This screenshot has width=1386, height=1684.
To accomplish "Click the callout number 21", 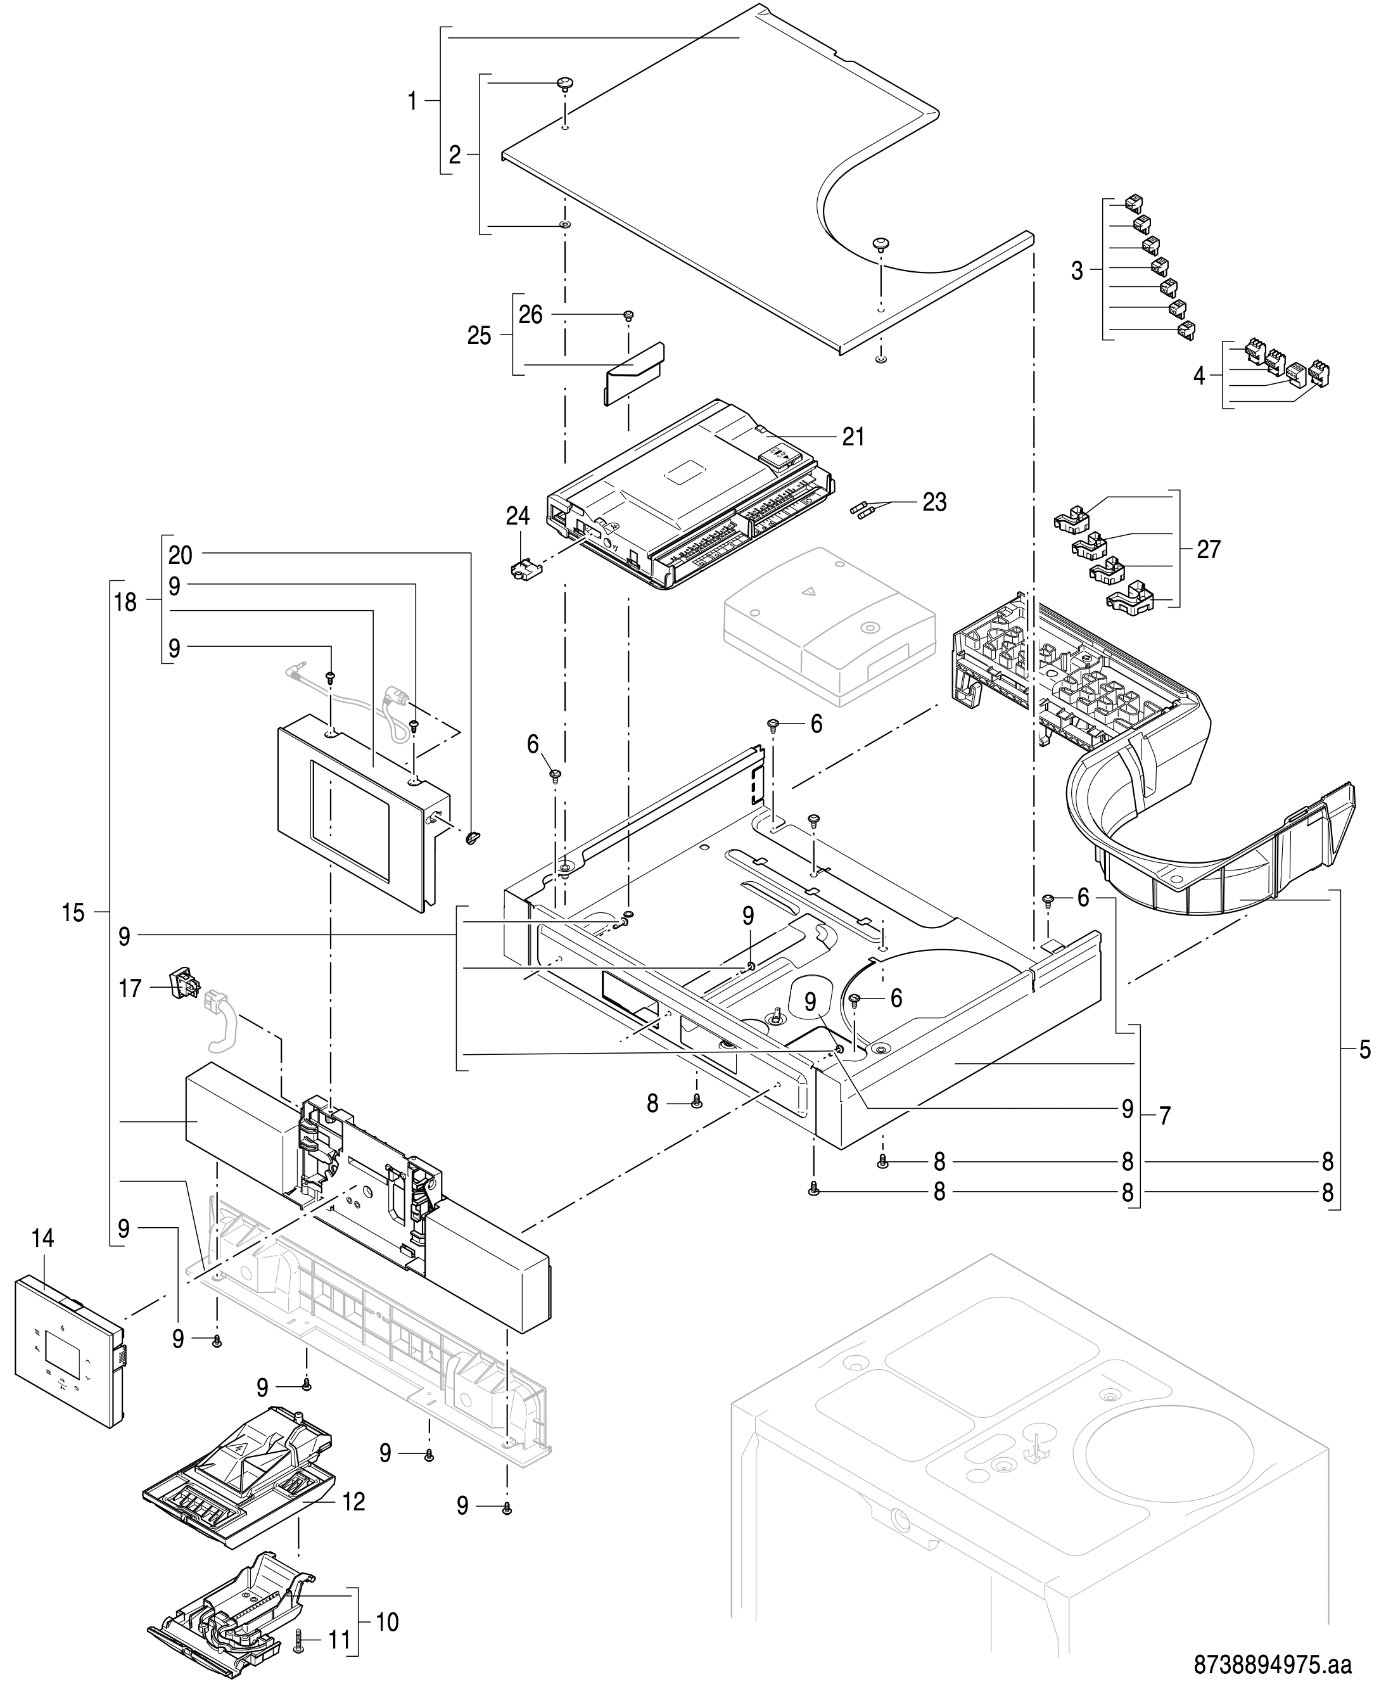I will coord(853,437).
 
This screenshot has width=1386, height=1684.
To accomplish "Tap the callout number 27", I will coord(1209,549).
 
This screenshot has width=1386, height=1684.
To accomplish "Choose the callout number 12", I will coord(353,1502).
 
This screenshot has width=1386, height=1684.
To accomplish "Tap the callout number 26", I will coord(531,316).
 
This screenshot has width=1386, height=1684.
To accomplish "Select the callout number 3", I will coord(1077,272).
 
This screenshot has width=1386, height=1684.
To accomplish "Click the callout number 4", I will coord(1199,375).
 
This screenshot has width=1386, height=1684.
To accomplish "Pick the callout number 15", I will coord(73,913).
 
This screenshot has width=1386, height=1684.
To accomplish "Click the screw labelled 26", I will coord(628,316).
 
